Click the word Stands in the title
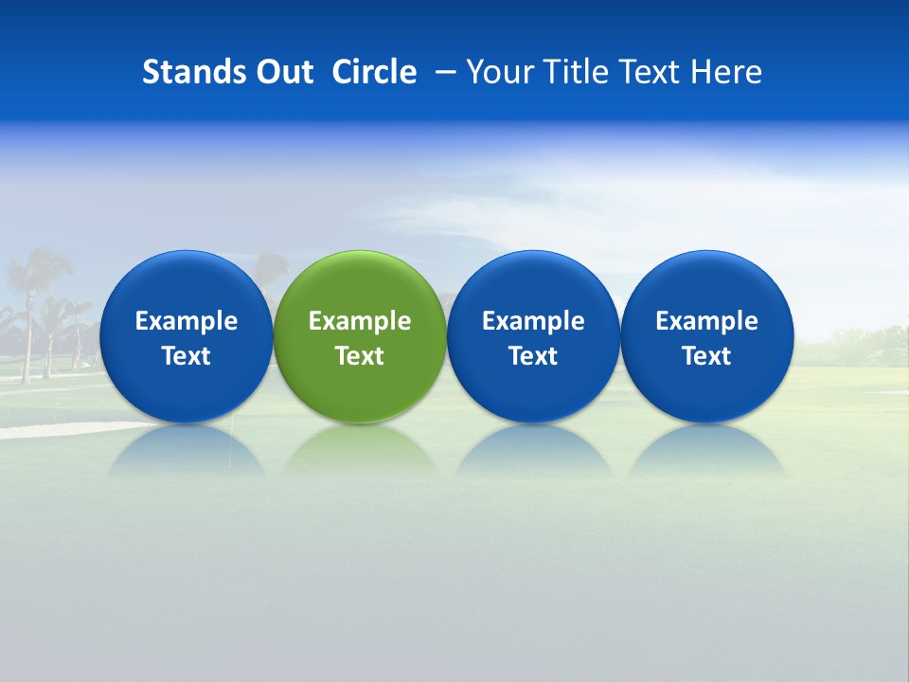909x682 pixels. coord(188,72)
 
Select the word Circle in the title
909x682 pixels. coord(374,72)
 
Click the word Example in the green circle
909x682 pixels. coord(360,321)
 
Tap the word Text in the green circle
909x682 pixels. coord(360,356)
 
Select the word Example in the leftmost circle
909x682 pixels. coord(186,321)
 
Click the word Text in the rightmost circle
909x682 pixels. coord(706,356)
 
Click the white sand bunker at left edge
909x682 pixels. coord(38,430)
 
